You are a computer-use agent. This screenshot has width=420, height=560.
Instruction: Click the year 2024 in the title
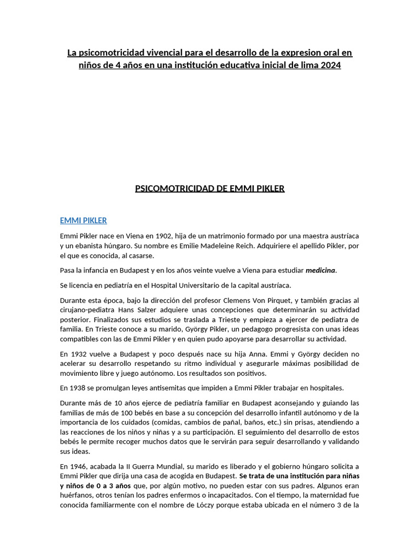[330, 65]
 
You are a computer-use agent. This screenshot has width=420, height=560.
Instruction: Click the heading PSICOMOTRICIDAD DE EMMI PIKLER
[209, 189]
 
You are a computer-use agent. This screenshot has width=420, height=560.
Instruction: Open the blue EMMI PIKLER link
[83, 220]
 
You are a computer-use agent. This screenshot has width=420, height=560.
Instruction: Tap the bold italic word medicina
[320, 270]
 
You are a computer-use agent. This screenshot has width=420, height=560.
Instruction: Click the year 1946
[78, 466]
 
